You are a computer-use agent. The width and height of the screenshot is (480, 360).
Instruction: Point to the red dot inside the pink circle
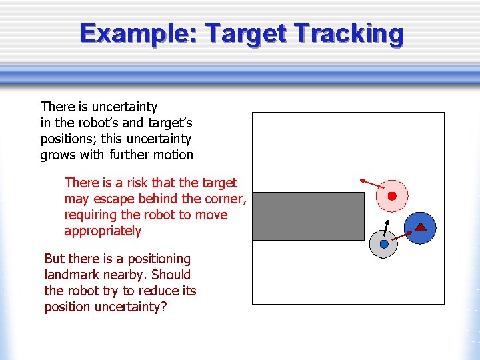392,196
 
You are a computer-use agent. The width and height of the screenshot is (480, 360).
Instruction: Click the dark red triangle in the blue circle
421,227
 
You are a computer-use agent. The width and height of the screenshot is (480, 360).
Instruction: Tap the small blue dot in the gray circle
384,244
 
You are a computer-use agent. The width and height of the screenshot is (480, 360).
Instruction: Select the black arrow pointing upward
387,223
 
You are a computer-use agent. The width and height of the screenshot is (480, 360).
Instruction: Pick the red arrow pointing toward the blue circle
401,235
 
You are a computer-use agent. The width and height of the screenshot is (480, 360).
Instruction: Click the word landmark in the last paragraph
69,275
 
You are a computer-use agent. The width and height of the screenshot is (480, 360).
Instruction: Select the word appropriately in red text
103,231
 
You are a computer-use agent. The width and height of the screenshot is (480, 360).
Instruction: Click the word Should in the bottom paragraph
171,275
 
